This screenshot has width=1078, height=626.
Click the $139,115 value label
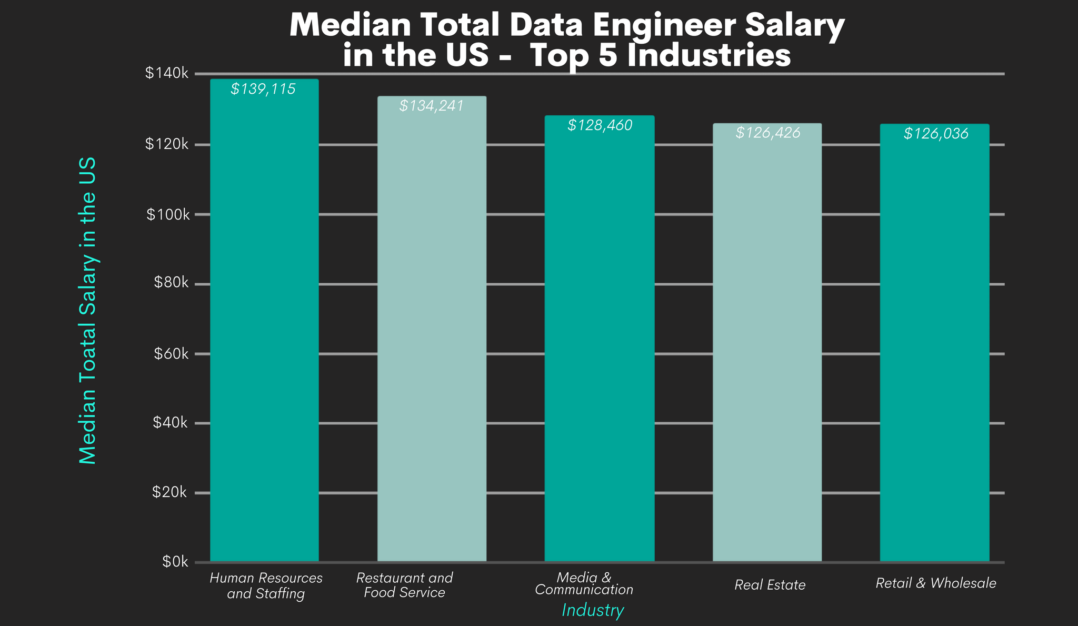263,89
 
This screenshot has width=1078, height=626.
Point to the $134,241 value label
431,106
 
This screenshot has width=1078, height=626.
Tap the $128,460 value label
600,125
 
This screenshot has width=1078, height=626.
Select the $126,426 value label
767,133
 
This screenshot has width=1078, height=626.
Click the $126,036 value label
935,134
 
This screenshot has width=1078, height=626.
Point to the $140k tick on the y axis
166,73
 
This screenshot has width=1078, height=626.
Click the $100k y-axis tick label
166,214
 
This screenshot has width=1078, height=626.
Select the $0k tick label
174,562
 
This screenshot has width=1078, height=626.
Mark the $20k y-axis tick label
169,492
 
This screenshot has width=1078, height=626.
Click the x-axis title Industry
593,610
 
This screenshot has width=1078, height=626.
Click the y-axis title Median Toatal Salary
87,311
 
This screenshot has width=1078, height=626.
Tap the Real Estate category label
770,585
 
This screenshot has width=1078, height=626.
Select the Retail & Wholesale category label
935,583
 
